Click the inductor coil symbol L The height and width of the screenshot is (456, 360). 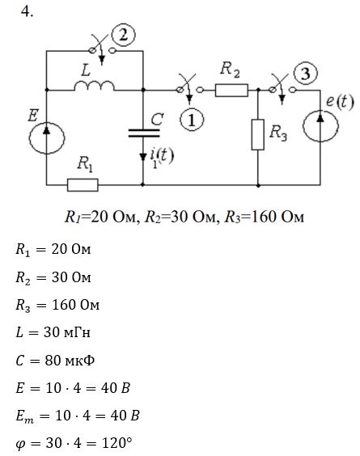95,86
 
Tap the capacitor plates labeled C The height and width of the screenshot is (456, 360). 144,133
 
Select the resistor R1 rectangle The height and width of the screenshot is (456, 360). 83,185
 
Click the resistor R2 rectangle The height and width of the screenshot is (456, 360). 231,91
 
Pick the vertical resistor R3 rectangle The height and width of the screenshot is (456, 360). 258,134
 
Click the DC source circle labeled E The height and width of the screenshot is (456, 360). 47,137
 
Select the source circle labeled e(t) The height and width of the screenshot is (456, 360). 320,126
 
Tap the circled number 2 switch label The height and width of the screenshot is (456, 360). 124,36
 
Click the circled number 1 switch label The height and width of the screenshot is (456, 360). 192,120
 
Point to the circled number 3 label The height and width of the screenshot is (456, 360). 306,74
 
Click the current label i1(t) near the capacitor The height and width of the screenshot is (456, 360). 162,157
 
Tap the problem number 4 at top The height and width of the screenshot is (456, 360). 27,11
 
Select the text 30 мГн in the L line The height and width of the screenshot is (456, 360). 66,332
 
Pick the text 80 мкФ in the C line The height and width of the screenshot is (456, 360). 70,361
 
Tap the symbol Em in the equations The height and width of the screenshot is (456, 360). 25,416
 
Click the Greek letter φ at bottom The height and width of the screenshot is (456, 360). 20,445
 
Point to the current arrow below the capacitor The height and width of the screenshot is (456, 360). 142,157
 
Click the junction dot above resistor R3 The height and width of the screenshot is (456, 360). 258,91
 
